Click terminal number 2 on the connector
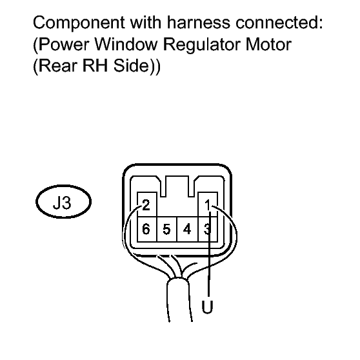tap(146, 205)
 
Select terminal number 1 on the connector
tap(208, 205)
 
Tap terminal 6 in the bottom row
tap(146, 229)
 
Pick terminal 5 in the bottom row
tap(166, 229)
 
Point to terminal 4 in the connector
tap(187, 229)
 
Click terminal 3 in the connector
tap(207, 229)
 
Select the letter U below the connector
tap(207, 306)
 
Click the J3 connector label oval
tap(63, 201)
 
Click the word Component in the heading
tap(79, 23)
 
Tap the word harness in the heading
tap(198, 23)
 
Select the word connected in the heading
tap(279, 23)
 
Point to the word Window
tap(126, 44)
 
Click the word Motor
tap(268, 44)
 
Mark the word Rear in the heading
tap(58, 65)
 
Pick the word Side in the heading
tap(132, 65)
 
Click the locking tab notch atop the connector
tap(177, 186)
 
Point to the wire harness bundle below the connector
tap(179, 299)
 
